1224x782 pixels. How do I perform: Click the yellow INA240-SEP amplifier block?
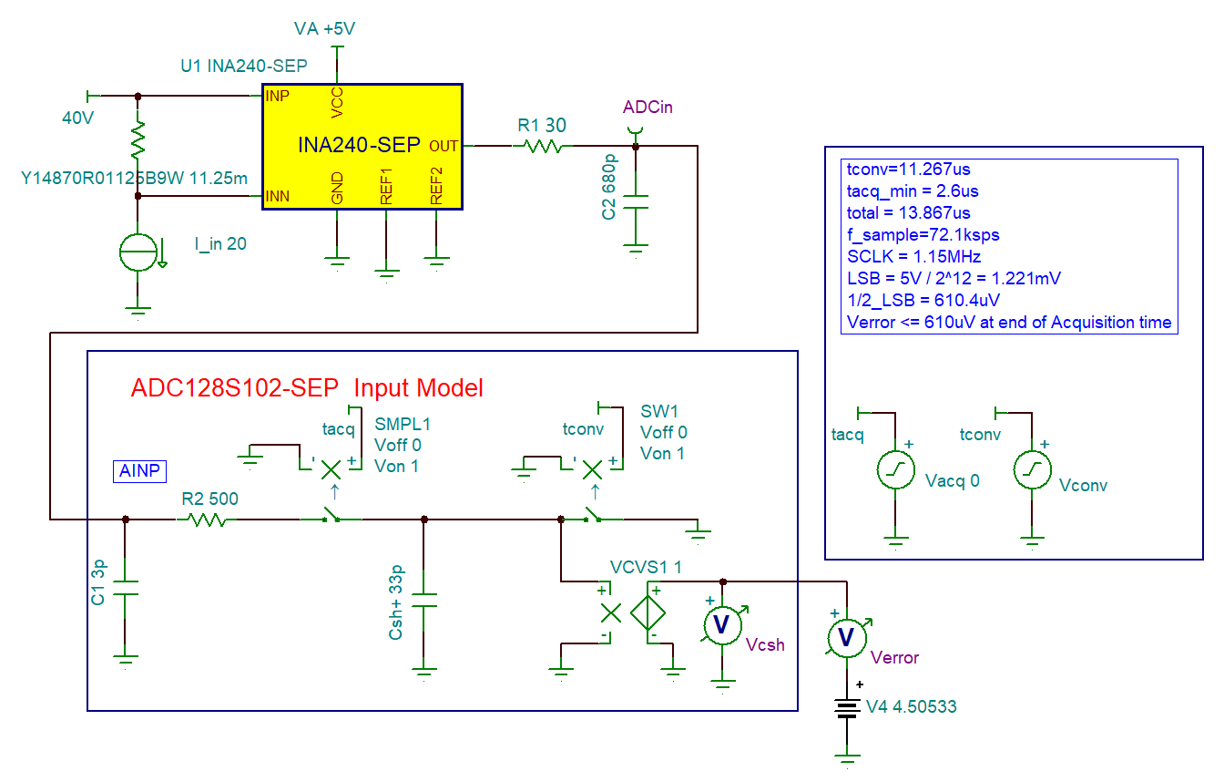(x=362, y=146)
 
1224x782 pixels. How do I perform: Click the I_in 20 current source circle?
(x=138, y=252)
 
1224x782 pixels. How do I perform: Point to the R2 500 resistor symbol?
(x=207, y=520)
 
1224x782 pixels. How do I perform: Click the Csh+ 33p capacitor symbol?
(x=423, y=602)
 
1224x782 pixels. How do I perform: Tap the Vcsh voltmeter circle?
(x=723, y=624)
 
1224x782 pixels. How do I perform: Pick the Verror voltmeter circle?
(x=847, y=636)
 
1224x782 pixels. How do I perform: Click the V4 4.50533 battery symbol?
(x=848, y=708)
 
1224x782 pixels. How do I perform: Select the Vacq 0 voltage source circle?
(x=896, y=471)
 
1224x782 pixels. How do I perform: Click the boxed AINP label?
(x=139, y=470)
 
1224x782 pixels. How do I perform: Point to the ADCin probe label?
(x=648, y=108)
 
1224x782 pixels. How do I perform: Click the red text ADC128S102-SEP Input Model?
(x=307, y=388)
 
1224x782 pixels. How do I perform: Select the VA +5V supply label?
(x=324, y=29)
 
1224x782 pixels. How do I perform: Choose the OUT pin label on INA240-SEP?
(x=444, y=146)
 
